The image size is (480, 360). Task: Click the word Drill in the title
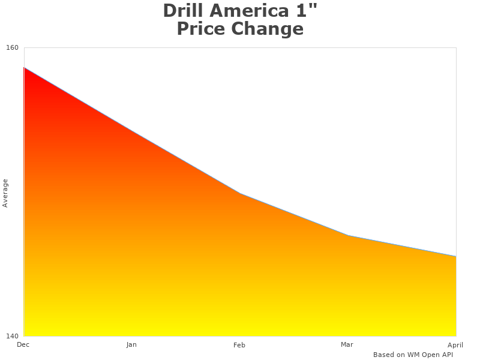[x=182, y=11]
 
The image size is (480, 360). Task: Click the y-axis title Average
[x=5, y=193]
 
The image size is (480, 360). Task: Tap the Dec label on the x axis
[x=23, y=344]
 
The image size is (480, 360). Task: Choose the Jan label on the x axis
[x=131, y=344]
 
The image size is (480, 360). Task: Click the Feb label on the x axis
[x=239, y=345]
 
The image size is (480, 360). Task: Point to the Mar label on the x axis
[x=347, y=344]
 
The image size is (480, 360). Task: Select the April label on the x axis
[x=455, y=345]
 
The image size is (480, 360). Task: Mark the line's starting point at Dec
[x=24, y=68]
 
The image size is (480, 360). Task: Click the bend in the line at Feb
[x=240, y=193]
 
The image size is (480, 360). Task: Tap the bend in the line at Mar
[x=348, y=235]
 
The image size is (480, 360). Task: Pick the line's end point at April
[x=456, y=256]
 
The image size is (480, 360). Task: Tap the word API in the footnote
[x=446, y=355]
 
